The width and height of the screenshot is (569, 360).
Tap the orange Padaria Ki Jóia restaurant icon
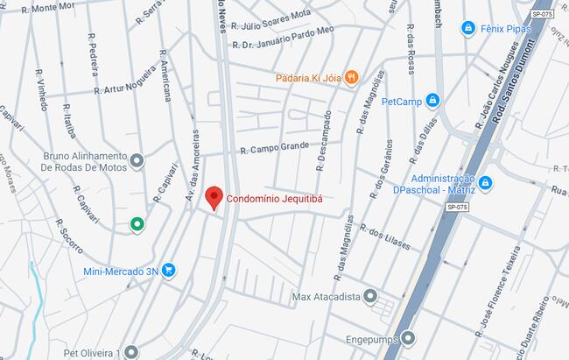pos(351,77)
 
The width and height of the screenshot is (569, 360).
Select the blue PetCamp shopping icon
pos(432,101)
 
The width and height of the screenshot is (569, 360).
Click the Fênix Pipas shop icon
pos(468,28)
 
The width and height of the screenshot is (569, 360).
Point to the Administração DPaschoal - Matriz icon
pos(485,183)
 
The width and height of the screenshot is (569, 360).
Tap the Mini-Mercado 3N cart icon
pos(169,272)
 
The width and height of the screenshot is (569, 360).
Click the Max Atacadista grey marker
pos(370,297)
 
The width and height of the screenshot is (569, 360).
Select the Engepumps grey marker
pos(408,337)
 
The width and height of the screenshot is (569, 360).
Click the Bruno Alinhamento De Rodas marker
pos(137,161)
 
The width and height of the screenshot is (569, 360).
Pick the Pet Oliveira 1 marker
pos(131,352)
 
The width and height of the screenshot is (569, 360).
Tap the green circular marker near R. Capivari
pos(137,225)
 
